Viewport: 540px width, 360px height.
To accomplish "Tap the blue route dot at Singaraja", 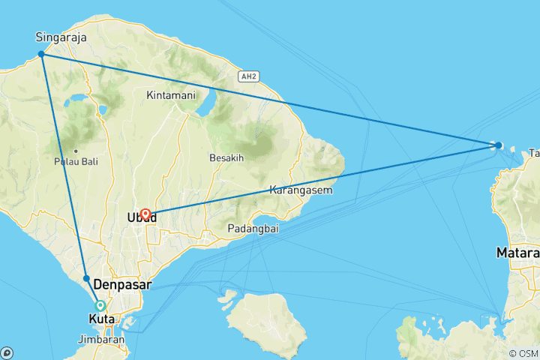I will pos(41,54).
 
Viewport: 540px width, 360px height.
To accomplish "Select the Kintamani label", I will pos(171,95).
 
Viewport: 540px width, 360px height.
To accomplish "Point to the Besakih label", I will pos(227,158).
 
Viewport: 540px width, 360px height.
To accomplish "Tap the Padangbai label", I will pos(253,229).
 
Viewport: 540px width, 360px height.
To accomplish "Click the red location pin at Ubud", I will pos(145,214).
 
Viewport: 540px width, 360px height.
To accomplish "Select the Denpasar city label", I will pos(123,285).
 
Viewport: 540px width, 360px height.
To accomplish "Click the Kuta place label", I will pos(102,319).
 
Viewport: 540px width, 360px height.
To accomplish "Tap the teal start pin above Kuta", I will pos(100,305).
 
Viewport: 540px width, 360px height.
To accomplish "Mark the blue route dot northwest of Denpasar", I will pos(86,278).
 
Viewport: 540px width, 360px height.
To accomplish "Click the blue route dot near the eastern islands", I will pos(499,145).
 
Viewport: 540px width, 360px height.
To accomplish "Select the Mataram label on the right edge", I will pos(517,253).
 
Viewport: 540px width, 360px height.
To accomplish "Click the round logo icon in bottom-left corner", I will pos(7,352).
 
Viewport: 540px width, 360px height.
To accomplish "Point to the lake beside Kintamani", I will pos(205,103).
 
